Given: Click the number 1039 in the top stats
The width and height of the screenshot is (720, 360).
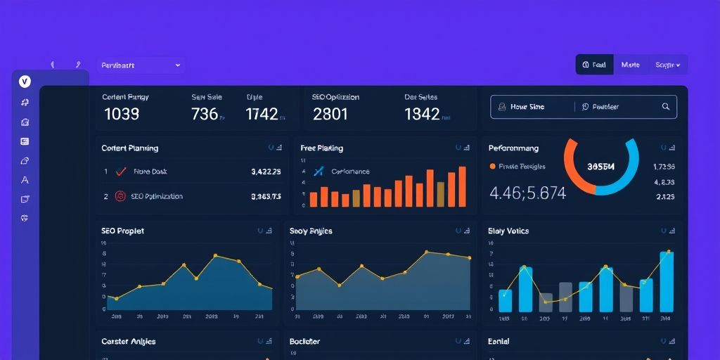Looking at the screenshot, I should pyautogui.click(x=122, y=114).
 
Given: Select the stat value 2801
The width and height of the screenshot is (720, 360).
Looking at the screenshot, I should pyautogui.click(x=330, y=114).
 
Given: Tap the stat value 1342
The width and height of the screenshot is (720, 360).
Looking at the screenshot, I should pyautogui.click(x=422, y=114).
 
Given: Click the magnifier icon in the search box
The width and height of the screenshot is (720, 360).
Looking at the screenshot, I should pyautogui.click(x=666, y=107).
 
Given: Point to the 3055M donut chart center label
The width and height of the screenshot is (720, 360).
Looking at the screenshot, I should pyautogui.click(x=600, y=167).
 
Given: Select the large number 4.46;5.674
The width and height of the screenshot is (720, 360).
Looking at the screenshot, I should pyautogui.click(x=527, y=193).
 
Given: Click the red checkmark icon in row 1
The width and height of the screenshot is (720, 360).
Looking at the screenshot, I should pyautogui.click(x=120, y=171).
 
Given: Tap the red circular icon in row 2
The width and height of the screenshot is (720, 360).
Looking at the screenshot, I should pyautogui.click(x=120, y=197).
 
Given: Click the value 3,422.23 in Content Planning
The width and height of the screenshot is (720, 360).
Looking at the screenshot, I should pyautogui.click(x=266, y=172).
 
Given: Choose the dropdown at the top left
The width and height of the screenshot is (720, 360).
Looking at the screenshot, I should pyautogui.click(x=141, y=65).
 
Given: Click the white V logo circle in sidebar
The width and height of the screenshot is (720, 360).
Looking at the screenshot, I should pyautogui.click(x=25, y=82).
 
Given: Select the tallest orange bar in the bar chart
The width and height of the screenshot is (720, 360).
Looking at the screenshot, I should pyautogui.click(x=462, y=186).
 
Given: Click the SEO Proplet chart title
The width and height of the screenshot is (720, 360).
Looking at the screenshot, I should pyautogui.click(x=122, y=231).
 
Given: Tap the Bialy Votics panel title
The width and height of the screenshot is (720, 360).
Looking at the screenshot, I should pyautogui.click(x=508, y=231).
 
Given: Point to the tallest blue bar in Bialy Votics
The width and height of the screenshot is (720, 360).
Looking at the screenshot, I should pyautogui.click(x=667, y=281).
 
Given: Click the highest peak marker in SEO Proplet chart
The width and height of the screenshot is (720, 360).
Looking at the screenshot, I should pyautogui.click(x=215, y=255).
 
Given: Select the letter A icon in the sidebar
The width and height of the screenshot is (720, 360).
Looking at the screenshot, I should pyautogui.click(x=25, y=180).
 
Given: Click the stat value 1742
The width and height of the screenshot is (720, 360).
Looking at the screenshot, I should pyautogui.click(x=262, y=114).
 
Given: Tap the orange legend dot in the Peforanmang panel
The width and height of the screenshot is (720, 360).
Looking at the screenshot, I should pyautogui.click(x=492, y=167).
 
